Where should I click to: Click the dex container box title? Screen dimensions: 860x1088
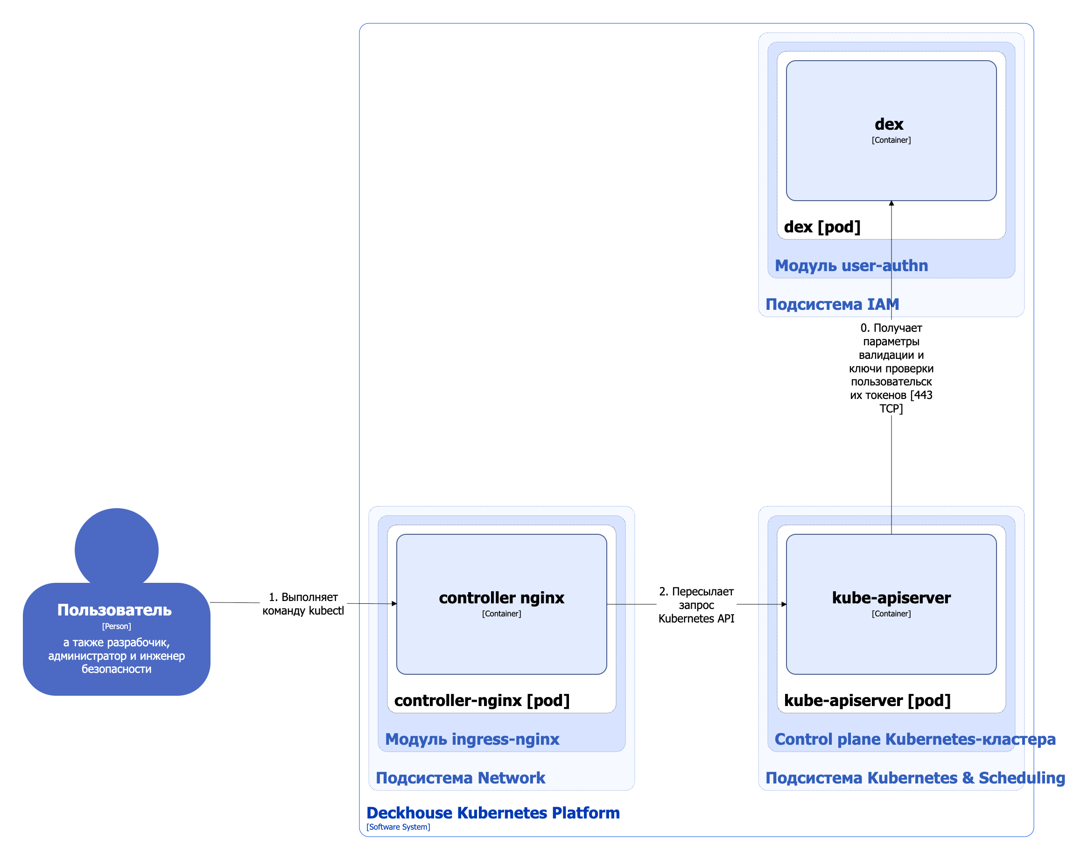click(x=889, y=124)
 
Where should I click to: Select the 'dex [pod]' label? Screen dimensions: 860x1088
click(x=822, y=227)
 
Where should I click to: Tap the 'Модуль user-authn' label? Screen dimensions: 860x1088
click(x=851, y=266)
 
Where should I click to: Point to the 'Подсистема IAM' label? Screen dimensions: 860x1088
click(x=832, y=304)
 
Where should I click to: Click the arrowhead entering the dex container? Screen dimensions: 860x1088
click(x=891, y=203)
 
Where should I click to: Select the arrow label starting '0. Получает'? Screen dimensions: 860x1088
click(x=891, y=368)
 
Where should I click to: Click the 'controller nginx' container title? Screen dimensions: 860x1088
click(x=501, y=598)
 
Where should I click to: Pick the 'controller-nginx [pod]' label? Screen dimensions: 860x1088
click(x=482, y=700)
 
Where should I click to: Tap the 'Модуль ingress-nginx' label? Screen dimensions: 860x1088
click(x=472, y=739)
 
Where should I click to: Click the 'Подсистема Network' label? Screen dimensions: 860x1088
click(x=460, y=778)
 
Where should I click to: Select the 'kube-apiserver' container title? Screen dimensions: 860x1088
click(x=891, y=598)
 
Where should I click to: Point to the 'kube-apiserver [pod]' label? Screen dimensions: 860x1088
click(x=867, y=700)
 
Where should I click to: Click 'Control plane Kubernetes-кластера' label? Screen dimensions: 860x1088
click(x=915, y=739)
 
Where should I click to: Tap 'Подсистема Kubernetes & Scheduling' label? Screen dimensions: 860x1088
click(x=915, y=778)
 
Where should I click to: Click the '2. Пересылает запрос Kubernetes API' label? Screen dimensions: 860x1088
click(x=696, y=605)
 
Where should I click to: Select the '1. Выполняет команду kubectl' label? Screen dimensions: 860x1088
click(x=303, y=604)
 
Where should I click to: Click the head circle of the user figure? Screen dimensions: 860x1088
click(x=116, y=549)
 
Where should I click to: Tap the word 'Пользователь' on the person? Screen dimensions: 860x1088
click(x=114, y=610)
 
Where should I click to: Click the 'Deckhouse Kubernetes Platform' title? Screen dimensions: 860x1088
click(x=492, y=813)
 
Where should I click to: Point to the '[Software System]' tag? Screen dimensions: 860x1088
click(x=398, y=827)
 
